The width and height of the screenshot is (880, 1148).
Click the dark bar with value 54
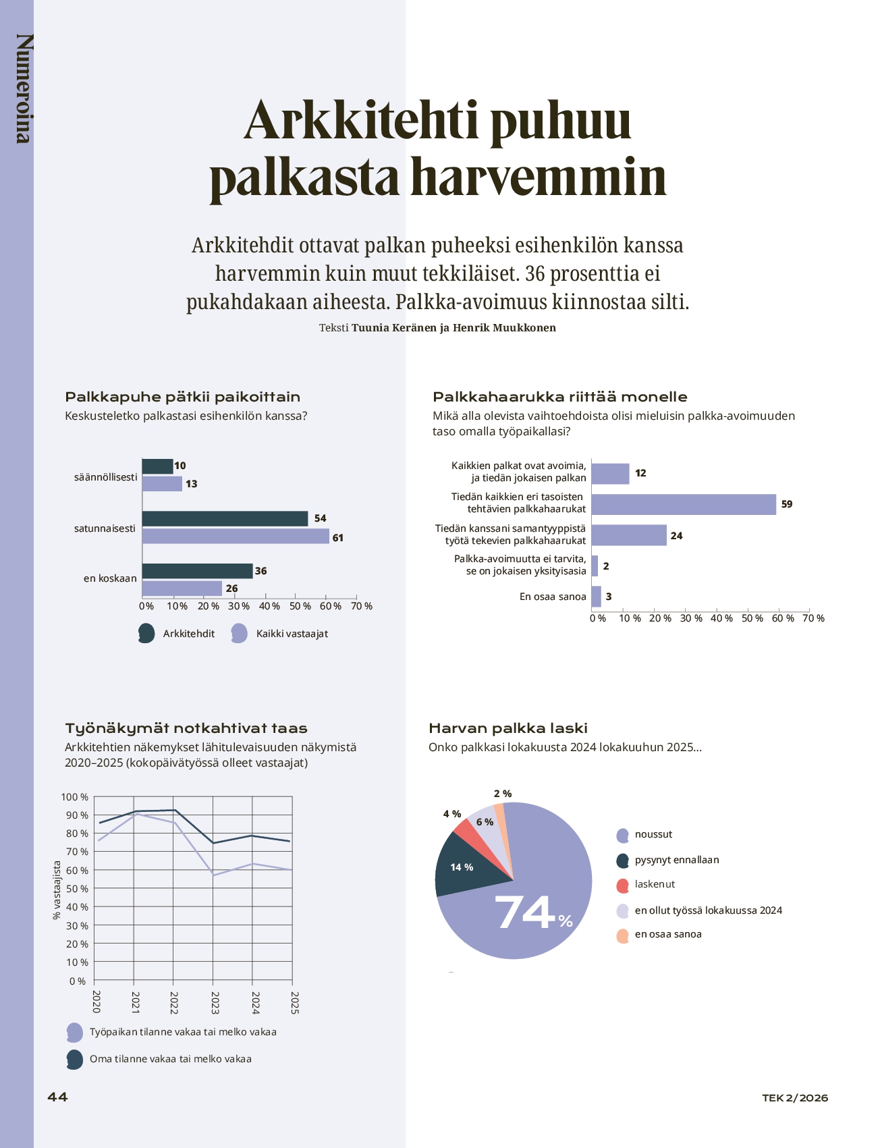pyautogui.click(x=225, y=518)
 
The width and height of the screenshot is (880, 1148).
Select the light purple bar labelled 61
pyautogui.click(x=236, y=537)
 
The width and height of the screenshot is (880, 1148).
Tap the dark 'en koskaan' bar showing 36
pyautogui.click(x=197, y=571)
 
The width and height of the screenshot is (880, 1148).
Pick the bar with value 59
pyautogui.click(x=683, y=504)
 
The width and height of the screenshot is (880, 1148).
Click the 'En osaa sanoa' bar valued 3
pyautogui.click(x=596, y=597)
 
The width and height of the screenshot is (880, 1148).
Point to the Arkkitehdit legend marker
pyautogui.click(x=146, y=634)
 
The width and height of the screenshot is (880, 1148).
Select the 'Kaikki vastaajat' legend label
pyautogui.click(x=292, y=634)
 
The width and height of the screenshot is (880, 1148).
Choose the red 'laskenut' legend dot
pyautogui.click(x=623, y=885)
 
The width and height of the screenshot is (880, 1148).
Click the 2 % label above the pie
pyautogui.click(x=503, y=794)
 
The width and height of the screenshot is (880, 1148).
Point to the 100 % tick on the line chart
pyautogui.click(x=75, y=797)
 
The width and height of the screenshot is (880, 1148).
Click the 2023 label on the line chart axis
pyautogui.click(x=215, y=1002)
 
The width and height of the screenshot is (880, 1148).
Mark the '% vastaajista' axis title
pyautogui.click(x=57, y=890)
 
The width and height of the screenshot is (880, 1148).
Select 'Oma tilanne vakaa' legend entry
pyautogui.click(x=170, y=1059)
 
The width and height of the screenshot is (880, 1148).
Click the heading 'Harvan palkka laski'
pyautogui.click(x=508, y=728)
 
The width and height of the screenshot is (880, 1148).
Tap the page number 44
pyautogui.click(x=57, y=1097)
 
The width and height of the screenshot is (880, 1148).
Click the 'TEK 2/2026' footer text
pyautogui.click(x=795, y=1098)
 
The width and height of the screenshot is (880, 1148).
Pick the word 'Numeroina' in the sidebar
pyautogui.click(x=24, y=88)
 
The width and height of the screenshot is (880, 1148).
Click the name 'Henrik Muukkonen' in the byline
pyautogui.click(x=504, y=328)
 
